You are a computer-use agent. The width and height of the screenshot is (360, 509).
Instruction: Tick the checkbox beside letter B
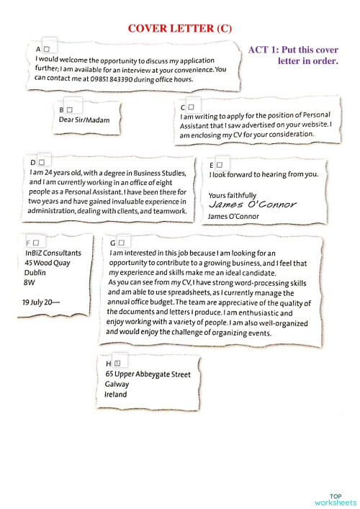tap(70, 109)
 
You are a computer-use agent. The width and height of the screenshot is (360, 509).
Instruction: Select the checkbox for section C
tap(192, 107)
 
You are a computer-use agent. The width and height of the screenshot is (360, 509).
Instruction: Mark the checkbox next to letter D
tap(41, 163)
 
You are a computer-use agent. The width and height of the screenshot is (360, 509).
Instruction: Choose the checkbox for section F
tap(36, 243)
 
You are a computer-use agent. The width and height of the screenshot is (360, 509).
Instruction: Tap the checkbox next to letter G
tap(122, 243)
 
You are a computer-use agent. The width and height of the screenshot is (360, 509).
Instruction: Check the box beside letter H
tap(117, 364)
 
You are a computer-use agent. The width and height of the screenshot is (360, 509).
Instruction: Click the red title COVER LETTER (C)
tap(180, 28)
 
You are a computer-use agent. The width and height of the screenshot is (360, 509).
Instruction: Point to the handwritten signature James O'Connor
tap(252, 204)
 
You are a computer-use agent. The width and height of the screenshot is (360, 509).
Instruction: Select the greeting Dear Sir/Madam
tap(84, 120)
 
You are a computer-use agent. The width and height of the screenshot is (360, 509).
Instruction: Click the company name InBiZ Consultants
tap(53, 253)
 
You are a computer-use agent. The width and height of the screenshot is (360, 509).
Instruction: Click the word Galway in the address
tap(117, 384)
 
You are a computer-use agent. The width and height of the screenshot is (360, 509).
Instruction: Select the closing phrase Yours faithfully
tap(232, 195)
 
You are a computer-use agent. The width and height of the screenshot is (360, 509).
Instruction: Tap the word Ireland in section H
tap(115, 395)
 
